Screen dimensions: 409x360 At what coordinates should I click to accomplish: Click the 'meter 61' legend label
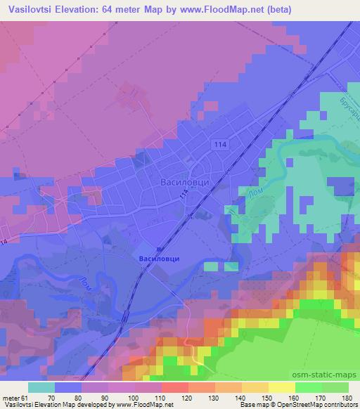[x=16, y=397]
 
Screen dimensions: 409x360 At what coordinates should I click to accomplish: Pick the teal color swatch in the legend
[x=41, y=387]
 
